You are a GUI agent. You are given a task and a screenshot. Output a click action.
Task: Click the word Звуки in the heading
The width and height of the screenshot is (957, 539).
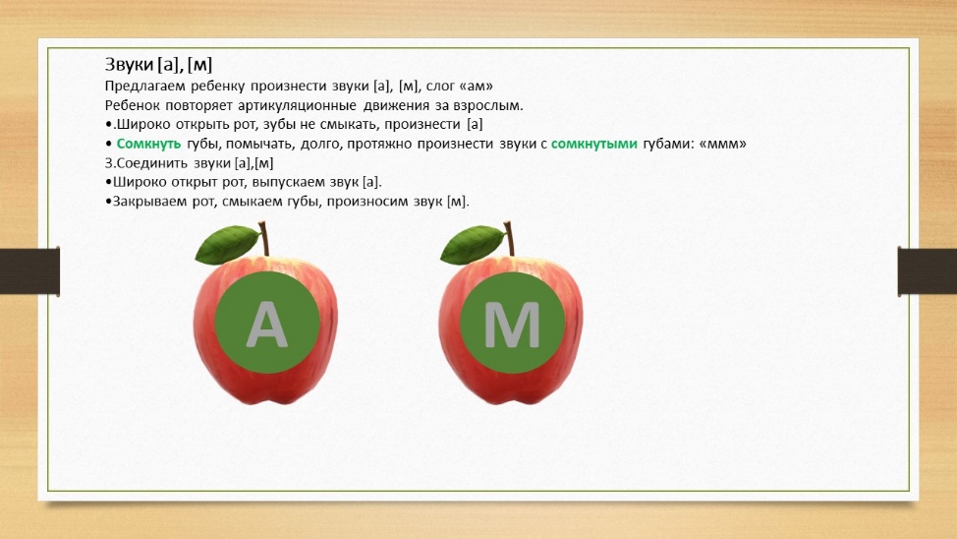point(129,64)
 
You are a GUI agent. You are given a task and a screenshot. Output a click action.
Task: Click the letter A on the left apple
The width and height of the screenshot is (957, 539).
point(266,325)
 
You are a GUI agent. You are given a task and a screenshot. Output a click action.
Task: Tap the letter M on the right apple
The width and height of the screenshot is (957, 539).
point(512,325)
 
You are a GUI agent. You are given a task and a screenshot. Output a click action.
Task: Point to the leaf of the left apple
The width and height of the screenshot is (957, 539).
point(227,244)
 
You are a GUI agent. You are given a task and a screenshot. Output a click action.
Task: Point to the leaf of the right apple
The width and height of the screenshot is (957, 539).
point(472,244)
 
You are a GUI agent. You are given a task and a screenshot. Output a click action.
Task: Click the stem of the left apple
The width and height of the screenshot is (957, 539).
point(264,238)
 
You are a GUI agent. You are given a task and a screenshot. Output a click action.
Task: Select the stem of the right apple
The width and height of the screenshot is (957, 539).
point(509,238)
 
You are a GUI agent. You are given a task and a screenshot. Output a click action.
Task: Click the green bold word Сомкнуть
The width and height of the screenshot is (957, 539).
point(148,144)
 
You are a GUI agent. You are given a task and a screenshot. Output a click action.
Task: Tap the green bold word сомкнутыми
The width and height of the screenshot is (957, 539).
point(593,144)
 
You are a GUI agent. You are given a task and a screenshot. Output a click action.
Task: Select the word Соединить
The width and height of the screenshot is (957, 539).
point(152,163)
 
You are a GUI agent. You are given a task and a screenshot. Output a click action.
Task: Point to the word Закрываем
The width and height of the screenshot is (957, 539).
point(149,202)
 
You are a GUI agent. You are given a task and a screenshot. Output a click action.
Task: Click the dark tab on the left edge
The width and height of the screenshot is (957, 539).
point(29,271)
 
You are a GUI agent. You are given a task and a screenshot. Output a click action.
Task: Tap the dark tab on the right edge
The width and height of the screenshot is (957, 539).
point(928,271)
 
